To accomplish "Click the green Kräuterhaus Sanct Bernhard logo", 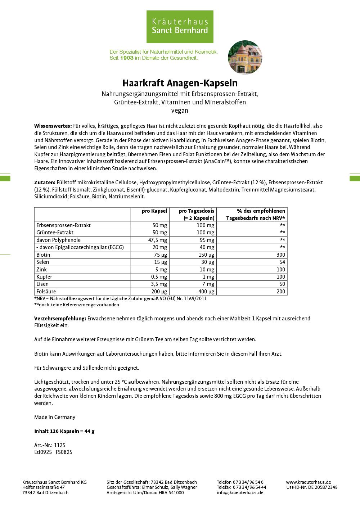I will click(x=180, y=27).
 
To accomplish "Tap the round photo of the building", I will click(x=245, y=58).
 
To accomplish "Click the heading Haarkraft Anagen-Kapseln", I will click(x=180, y=83).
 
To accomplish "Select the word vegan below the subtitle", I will click(x=180, y=111).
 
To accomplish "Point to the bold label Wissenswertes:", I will click(x=53, y=126).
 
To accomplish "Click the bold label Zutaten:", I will click(x=45, y=183).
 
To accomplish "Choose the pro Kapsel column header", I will click(x=154, y=211).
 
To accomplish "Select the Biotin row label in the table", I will click(x=43, y=254).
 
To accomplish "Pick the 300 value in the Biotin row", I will click(x=280, y=254).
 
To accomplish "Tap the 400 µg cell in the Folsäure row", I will click(x=206, y=292).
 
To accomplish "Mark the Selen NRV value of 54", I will click(x=282, y=262).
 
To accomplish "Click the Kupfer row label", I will click(x=44, y=277).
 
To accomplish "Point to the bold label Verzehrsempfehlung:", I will click(x=60, y=319).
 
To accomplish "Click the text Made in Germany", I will click(x=55, y=417).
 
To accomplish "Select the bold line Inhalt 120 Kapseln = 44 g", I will click(x=64, y=431).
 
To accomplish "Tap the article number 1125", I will click(x=60, y=445).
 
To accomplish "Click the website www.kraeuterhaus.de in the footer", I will click(x=309, y=482).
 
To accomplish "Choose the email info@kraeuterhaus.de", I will click(x=240, y=493).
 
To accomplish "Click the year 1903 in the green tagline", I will click(x=127, y=58).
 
